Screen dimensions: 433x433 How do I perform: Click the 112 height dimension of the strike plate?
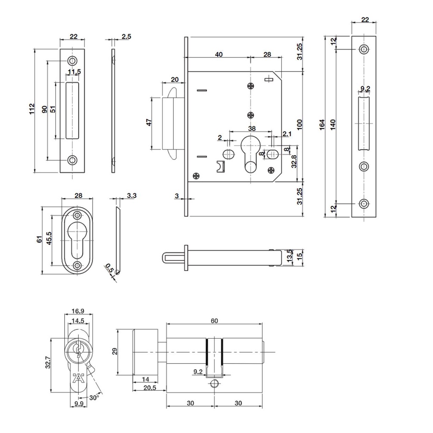[x=32, y=109]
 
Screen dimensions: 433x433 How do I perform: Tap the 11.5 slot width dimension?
[x=74, y=72]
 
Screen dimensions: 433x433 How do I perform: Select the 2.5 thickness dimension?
[x=126, y=36]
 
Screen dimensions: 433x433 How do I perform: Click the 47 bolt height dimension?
[x=149, y=122]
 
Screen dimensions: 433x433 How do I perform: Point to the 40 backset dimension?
[x=219, y=55]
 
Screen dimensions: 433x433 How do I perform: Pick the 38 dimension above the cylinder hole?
[x=252, y=129]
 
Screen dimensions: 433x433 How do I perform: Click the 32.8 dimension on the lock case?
[x=294, y=161]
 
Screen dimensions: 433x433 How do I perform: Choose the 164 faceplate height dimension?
[x=322, y=125]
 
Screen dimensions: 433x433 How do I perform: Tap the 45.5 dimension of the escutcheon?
[x=49, y=238]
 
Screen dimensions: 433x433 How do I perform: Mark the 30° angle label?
[x=94, y=398]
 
